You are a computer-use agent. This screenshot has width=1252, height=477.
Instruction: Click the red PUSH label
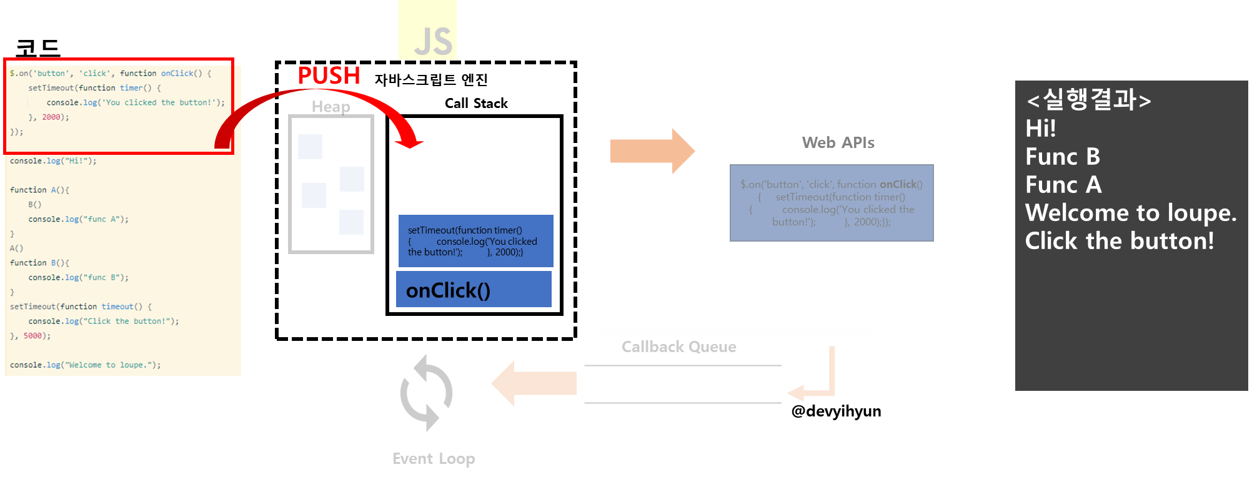pyautogui.click(x=329, y=76)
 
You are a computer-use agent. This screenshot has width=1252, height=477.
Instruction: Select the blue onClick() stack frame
pyautogui.click(x=474, y=290)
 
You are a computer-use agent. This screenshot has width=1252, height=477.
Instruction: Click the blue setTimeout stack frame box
pyautogui.click(x=475, y=241)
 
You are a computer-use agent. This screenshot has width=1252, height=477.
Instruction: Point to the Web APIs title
pyautogui.click(x=838, y=143)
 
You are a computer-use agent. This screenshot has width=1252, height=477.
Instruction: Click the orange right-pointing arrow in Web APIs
pyautogui.click(x=652, y=151)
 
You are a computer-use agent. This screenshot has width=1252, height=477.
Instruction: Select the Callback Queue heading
pyautogui.click(x=678, y=347)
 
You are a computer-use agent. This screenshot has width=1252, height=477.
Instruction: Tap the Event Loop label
pyautogui.click(x=434, y=459)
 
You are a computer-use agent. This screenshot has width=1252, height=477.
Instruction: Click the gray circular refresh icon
pyautogui.click(x=426, y=393)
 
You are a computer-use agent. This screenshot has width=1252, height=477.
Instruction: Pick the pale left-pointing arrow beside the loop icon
pyautogui.click(x=535, y=383)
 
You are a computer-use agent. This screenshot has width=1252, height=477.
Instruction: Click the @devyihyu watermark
pyautogui.click(x=831, y=411)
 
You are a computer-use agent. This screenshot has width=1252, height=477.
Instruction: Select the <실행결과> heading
pyautogui.click(x=1088, y=100)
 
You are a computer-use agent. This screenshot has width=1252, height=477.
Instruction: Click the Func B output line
pyautogui.click(x=1062, y=157)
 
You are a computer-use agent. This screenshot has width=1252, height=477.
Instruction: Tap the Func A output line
pyautogui.click(x=1063, y=185)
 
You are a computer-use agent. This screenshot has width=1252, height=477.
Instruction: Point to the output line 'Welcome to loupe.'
pyautogui.click(x=1130, y=213)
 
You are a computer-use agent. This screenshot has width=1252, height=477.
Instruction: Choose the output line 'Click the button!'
pyautogui.click(x=1119, y=241)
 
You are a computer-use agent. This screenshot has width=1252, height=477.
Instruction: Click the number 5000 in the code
pyautogui.click(x=32, y=336)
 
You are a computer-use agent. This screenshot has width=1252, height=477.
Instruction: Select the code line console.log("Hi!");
pyautogui.click(x=53, y=161)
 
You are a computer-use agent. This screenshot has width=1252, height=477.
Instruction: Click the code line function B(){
pyautogui.click(x=39, y=263)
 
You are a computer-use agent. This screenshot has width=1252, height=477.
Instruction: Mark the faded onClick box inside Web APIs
pyautogui.click(x=832, y=203)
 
